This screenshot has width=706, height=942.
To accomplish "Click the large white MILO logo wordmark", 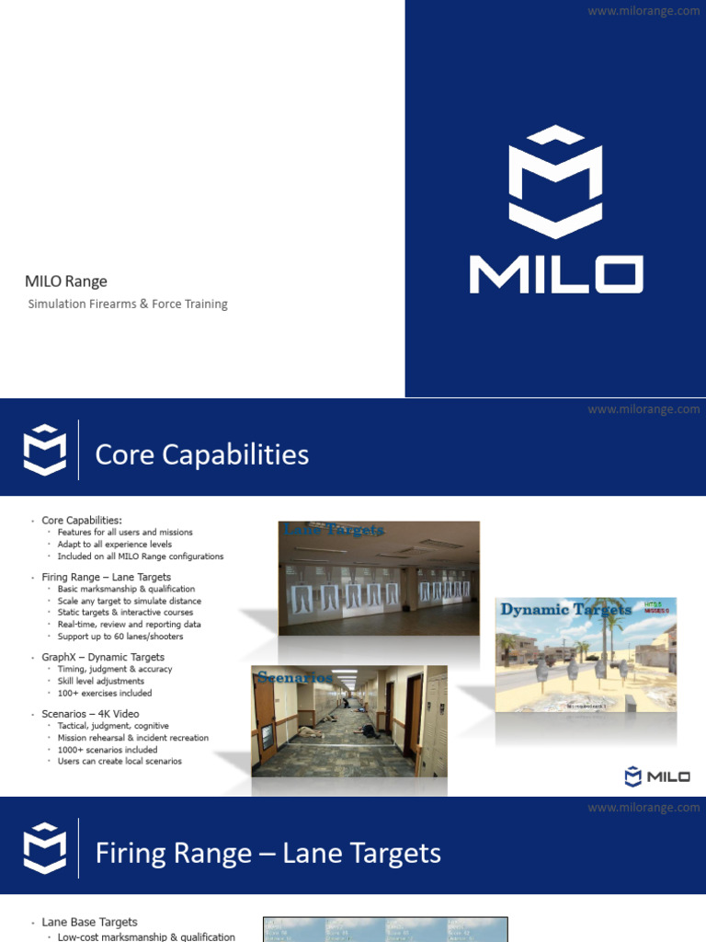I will (x=555, y=274).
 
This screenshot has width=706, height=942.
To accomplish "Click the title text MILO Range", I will (x=66, y=281).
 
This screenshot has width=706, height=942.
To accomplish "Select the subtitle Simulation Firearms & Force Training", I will (x=127, y=304).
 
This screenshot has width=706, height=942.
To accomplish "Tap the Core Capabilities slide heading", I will (x=202, y=454).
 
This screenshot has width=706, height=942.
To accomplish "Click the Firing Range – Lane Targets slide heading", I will (x=268, y=853).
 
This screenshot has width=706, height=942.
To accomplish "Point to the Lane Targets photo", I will (x=379, y=578).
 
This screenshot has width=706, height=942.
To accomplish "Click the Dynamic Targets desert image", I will (x=586, y=654).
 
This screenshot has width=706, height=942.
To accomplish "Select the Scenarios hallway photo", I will (x=349, y=721).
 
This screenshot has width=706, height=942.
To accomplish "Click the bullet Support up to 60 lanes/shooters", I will (x=120, y=637).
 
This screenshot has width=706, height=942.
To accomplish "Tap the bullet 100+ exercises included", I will (x=105, y=693).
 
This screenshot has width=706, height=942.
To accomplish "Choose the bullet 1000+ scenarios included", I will (x=108, y=750).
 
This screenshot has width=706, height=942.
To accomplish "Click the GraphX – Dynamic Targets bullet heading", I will (x=103, y=658).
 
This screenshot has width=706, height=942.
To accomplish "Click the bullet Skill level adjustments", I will (x=101, y=682).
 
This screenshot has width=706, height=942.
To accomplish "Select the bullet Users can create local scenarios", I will (x=120, y=762).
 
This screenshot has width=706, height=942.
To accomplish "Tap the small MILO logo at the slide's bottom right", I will (x=657, y=776).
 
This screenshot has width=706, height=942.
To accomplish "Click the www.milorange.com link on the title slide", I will (x=643, y=11).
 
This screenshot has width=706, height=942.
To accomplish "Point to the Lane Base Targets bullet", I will (x=89, y=922).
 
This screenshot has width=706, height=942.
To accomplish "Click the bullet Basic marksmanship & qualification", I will (x=126, y=589).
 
